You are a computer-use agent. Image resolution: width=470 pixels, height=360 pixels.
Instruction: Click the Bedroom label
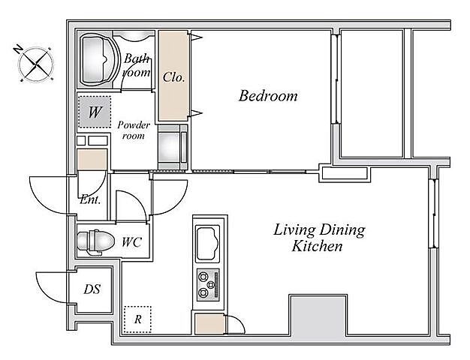(x=268, y=96)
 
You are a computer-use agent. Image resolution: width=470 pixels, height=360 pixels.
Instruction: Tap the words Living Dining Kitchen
(x=319, y=238)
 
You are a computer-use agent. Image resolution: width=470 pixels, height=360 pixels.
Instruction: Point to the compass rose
(x=36, y=64)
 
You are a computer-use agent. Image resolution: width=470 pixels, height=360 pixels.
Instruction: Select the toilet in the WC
(x=96, y=241)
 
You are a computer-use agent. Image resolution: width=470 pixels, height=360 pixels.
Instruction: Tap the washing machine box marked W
(x=95, y=112)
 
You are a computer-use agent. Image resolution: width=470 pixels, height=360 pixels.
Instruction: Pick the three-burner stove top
(x=208, y=284)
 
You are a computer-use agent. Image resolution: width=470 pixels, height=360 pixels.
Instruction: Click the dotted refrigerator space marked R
(x=137, y=319)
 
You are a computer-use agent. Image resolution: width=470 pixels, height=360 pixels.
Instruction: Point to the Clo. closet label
(x=173, y=77)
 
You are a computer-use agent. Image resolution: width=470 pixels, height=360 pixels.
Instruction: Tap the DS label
(x=92, y=289)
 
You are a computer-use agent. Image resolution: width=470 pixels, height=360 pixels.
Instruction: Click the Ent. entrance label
(x=91, y=199)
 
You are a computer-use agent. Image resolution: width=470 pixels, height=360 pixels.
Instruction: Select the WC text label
(x=131, y=242)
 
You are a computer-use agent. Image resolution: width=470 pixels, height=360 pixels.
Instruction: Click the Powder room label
(x=134, y=130)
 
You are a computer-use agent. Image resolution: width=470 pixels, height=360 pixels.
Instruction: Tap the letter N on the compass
(x=19, y=49)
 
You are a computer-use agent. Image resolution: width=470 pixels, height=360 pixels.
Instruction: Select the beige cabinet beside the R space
(x=209, y=324)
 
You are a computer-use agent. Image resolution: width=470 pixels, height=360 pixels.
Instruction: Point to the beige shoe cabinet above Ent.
(x=92, y=160)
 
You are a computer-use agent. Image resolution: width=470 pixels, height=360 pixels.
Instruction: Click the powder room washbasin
(x=170, y=147)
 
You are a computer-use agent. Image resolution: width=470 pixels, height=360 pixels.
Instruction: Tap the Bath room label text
(x=137, y=65)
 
